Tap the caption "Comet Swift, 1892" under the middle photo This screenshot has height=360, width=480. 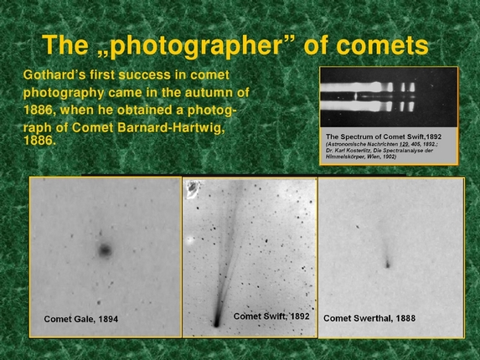(271, 316)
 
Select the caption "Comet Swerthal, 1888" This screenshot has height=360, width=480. (369, 319)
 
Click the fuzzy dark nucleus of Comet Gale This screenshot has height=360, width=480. (105, 249)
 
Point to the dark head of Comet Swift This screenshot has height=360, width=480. (217, 320)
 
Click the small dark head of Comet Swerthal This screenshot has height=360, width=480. (387, 265)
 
